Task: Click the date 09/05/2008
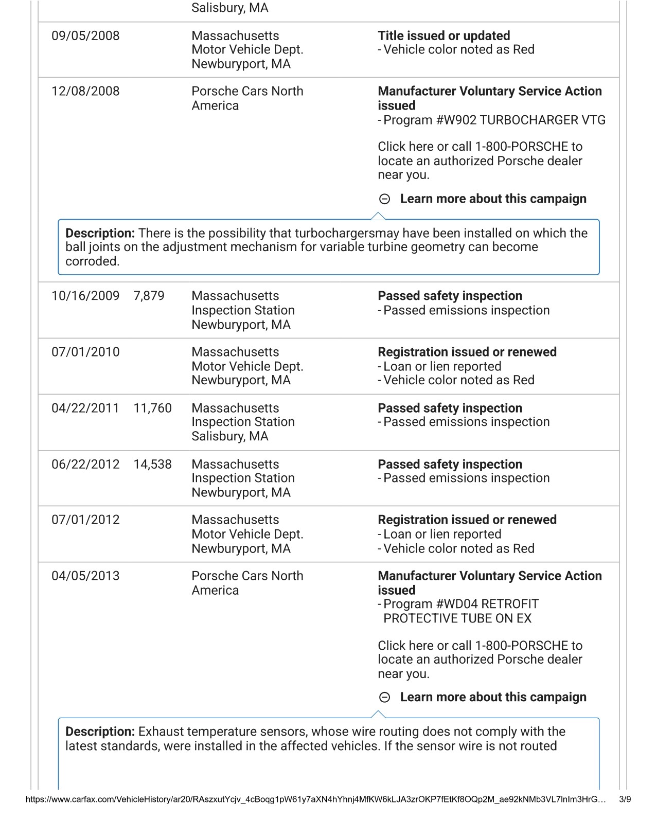pos(85,36)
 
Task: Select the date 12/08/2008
pos(85,92)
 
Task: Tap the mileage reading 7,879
pos(149,296)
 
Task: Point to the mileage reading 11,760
pos(152,408)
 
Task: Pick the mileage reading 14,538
pos(152,465)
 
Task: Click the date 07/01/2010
pos(85,352)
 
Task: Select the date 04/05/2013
pos(85,576)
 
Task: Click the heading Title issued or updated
pos(444,36)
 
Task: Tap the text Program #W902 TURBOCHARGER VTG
pos(494,120)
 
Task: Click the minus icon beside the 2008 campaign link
pos(384,199)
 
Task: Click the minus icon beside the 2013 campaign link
pos(384,698)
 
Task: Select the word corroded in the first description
pos(92,261)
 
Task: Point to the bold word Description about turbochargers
pos(100,233)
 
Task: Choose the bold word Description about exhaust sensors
pos(100,732)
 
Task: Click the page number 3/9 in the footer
pos(625,799)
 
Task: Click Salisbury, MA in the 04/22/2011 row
pos(229,436)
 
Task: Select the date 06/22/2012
pos(85,465)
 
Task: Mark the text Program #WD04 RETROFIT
pos(461,604)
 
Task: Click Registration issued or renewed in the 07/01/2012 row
pos(467,520)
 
